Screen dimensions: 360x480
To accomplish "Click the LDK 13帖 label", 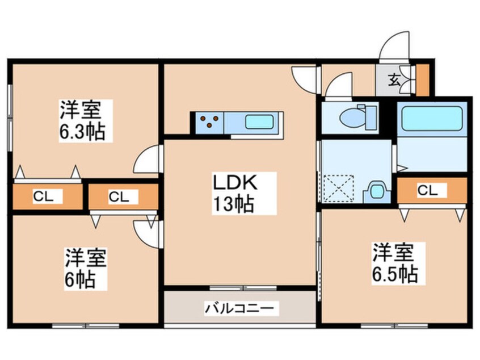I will coord(236,193).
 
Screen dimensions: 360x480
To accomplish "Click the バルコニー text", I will coord(239,308).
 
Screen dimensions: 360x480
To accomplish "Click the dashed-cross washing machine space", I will coord(339,189).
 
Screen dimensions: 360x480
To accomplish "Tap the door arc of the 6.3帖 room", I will coord(146,160).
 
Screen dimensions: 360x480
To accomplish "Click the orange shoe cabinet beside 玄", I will coord(422,79).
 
